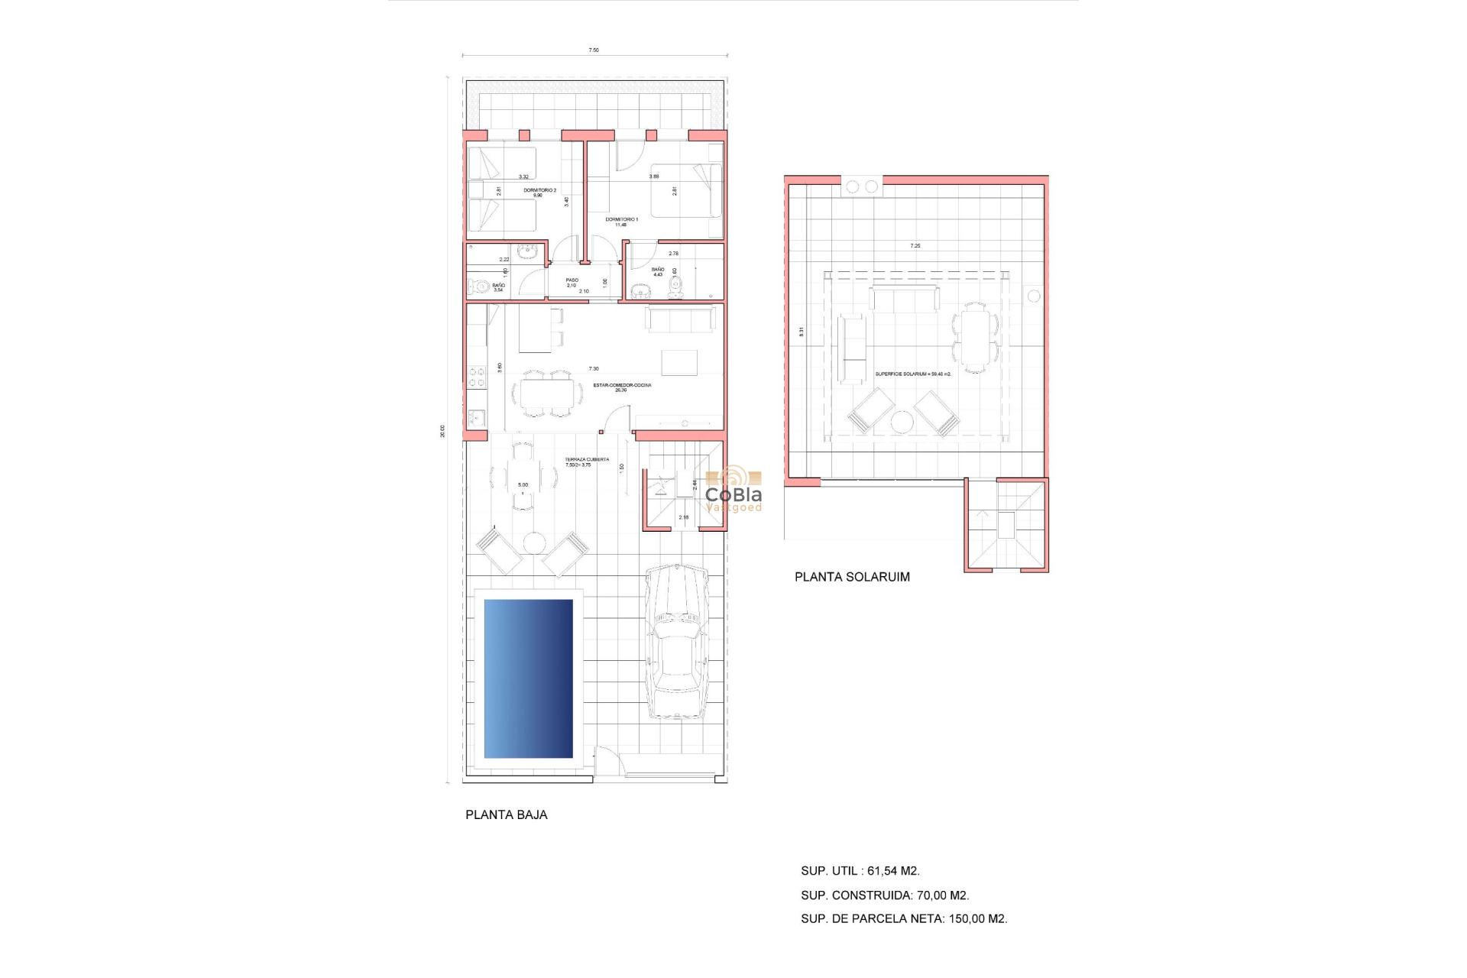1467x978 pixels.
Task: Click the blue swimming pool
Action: (528, 678)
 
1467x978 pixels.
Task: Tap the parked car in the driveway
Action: (677, 642)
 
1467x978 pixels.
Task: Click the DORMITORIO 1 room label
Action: (621, 220)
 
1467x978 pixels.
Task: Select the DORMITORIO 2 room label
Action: (539, 191)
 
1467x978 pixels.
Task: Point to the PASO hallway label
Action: (572, 281)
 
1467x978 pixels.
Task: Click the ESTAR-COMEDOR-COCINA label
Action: (622, 386)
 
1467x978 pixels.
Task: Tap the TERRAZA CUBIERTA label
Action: (587, 461)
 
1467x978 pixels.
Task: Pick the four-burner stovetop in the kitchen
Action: (476, 377)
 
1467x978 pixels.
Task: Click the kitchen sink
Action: (476, 418)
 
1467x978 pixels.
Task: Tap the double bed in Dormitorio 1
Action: (686, 191)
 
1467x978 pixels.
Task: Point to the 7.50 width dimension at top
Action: (594, 50)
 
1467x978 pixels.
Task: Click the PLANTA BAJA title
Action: (506, 815)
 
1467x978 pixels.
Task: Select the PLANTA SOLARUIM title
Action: (852, 578)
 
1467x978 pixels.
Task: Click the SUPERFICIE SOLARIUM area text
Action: (913, 374)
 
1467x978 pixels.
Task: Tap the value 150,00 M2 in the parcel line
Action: (977, 919)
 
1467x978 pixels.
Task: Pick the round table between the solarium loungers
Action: (902, 422)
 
